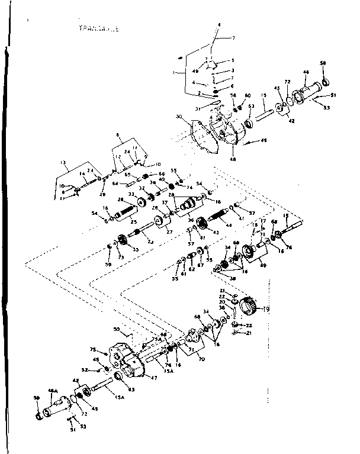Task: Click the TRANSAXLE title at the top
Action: pyautogui.click(x=98, y=27)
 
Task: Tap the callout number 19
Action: pyautogui.click(x=266, y=309)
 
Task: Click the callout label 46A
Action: pyautogui.click(x=52, y=391)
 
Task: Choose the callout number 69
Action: pyautogui.click(x=263, y=266)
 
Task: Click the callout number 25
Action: pyautogui.click(x=134, y=223)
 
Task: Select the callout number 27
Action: pyautogui.click(x=169, y=232)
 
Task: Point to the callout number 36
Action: pyautogui.click(x=191, y=220)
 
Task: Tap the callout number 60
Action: pyautogui.click(x=248, y=95)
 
